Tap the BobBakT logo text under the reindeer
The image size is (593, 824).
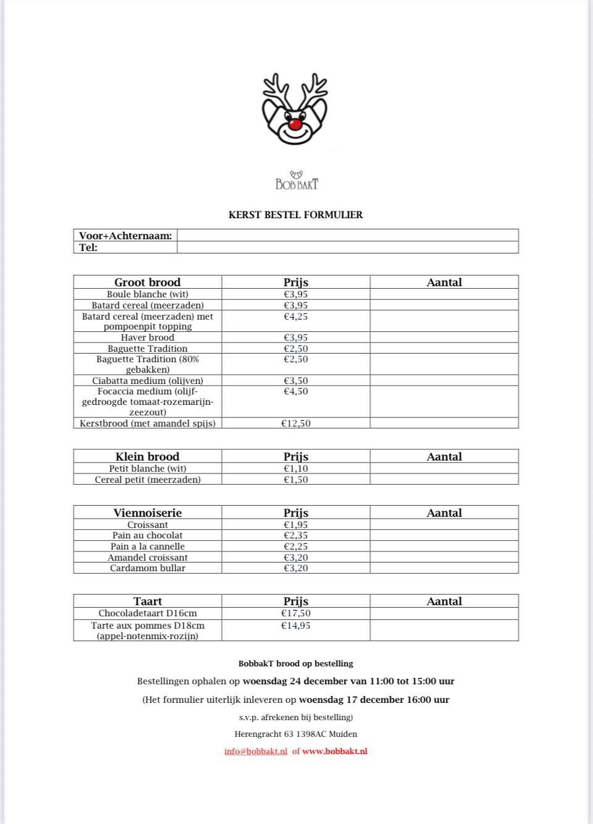coord(296,184)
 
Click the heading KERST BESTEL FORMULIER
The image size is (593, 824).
coord(295,215)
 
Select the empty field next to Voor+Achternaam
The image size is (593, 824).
coord(347,236)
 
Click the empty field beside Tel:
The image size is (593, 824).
coord(347,247)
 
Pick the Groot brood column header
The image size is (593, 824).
coord(147,282)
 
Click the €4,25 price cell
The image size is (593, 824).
coord(295,316)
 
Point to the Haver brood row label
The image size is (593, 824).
coord(147,338)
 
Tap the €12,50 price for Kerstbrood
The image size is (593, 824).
coord(295,423)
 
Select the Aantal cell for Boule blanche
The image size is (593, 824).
coord(444,294)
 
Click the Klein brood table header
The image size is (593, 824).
coord(147,457)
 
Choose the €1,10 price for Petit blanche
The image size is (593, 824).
coord(295,469)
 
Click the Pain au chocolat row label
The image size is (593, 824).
coord(147,535)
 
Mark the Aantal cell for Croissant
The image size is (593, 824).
coord(444,525)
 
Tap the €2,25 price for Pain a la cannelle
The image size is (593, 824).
coord(295,546)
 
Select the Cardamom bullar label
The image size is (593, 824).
coord(147,568)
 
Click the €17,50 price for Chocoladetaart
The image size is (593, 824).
coord(295,613)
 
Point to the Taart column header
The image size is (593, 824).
coord(147,601)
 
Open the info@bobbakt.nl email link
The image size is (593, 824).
coord(256,752)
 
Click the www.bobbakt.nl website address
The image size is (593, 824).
coord(334,752)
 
